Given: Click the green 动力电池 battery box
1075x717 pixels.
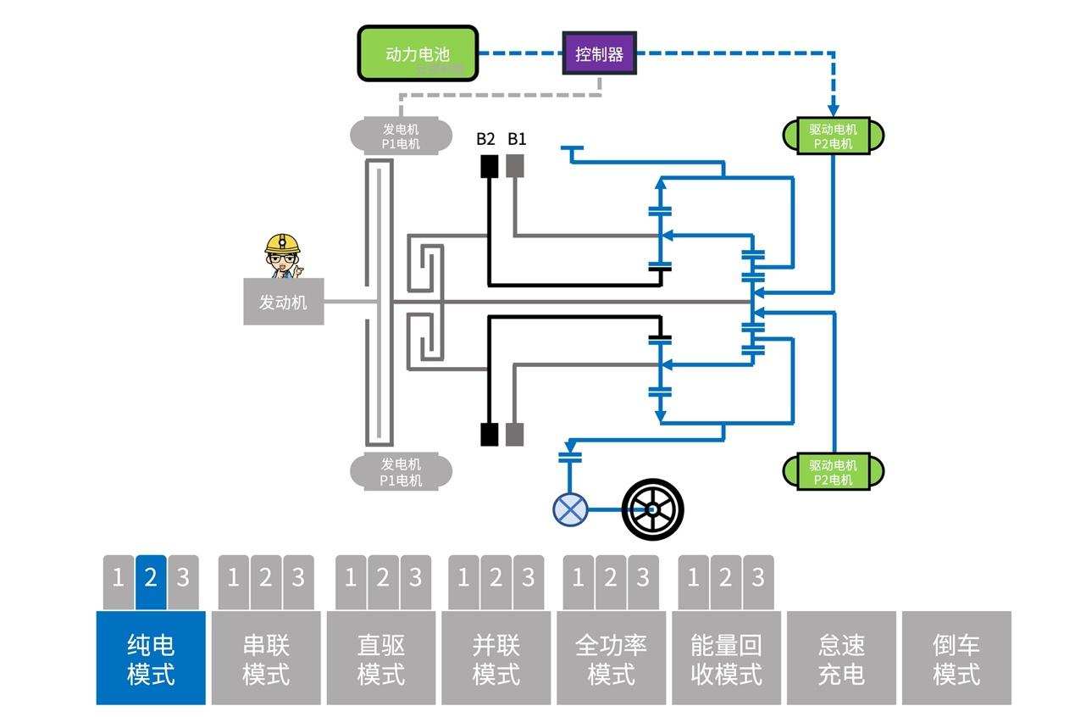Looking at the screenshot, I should point(418,53).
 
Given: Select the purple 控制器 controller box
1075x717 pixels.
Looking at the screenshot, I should point(599,53).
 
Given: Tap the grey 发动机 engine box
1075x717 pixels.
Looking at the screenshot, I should point(283,302).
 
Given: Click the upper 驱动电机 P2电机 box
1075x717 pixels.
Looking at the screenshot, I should point(833,136).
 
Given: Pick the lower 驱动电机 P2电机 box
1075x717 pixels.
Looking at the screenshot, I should point(833,472).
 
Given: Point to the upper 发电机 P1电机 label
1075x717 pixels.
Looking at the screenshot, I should point(400,136).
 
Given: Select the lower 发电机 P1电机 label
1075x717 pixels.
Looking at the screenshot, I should point(400,472).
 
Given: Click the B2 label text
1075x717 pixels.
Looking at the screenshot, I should point(485,139).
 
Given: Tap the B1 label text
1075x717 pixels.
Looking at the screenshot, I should point(517,139).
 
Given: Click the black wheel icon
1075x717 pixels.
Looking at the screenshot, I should point(652,509).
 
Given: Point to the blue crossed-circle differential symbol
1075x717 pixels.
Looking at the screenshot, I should point(570,509).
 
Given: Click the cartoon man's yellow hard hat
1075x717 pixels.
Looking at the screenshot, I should point(282,243).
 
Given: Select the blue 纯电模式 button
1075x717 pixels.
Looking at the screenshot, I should point(151,659).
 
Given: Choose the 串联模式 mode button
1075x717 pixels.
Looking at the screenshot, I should point(266,659).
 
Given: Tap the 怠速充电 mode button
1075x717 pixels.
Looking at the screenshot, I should point(841,659).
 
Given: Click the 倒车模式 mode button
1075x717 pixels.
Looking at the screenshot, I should point(956,659).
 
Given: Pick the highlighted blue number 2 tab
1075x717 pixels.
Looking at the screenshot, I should point(151,581).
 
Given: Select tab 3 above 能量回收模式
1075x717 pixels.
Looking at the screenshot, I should point(757,581).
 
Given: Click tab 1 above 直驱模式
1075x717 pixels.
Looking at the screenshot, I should point(351,581).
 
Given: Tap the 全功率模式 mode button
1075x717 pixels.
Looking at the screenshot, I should point(611,659).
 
